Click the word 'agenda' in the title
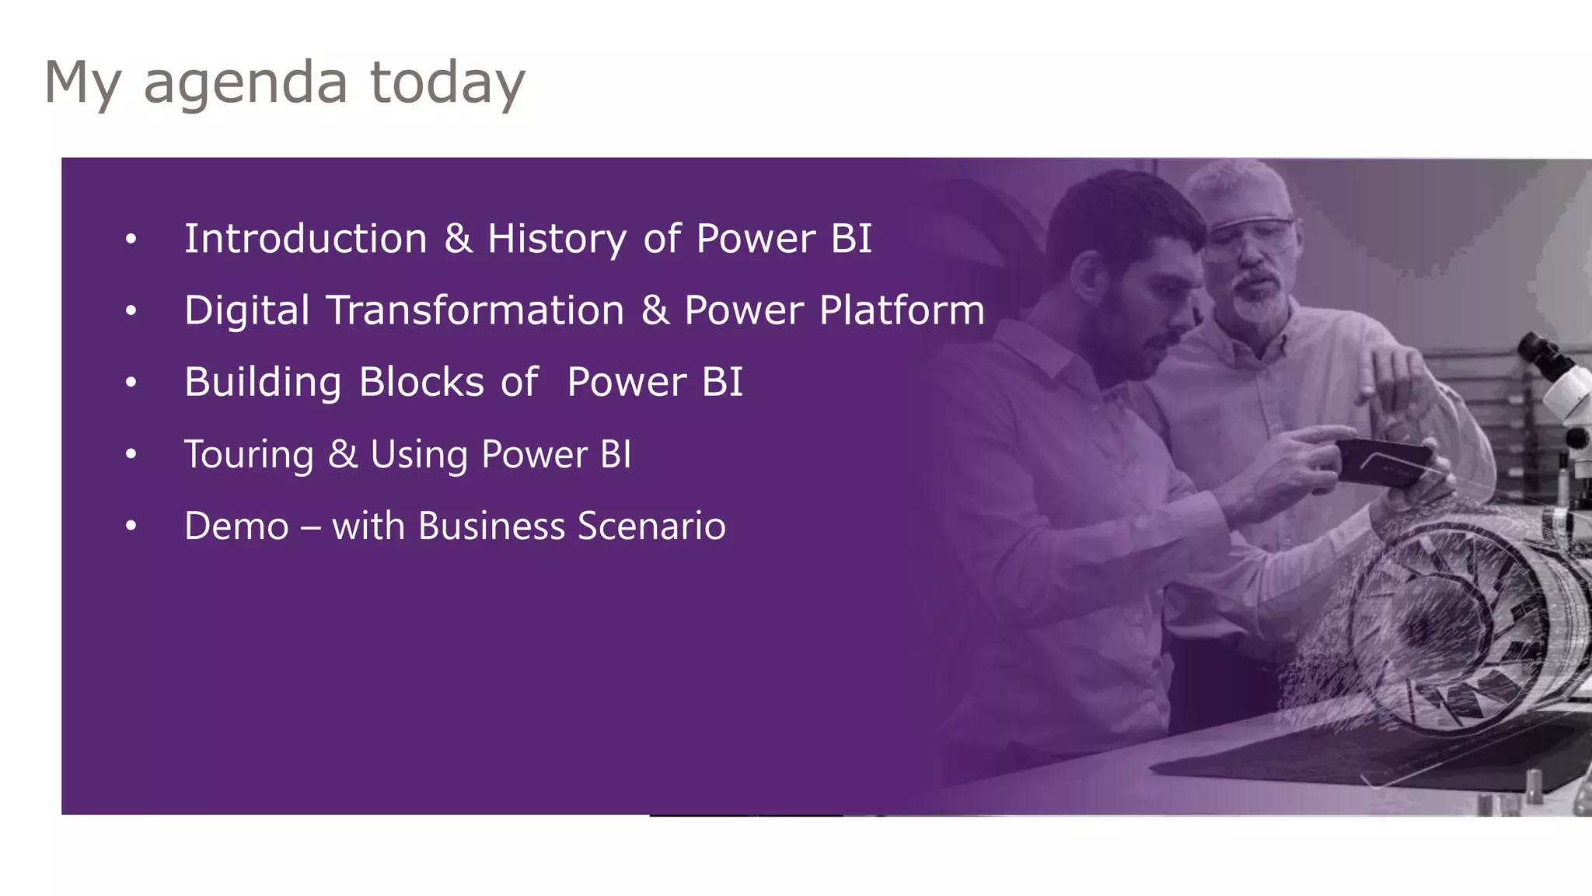245,82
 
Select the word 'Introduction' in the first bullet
305,238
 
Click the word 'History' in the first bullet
557,239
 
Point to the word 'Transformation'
475,310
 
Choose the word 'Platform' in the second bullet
902,310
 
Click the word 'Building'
263,383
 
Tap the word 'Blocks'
421,382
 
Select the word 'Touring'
249,454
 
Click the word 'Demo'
236,527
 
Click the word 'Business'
491,527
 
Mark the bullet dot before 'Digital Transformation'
131,311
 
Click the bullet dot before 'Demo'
131,527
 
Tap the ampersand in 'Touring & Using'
342,454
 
